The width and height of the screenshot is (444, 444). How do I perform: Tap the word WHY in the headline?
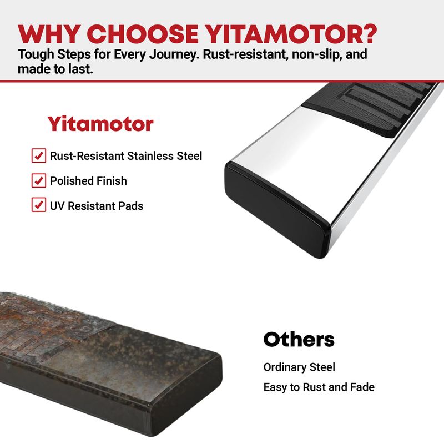click(x=48, y=34)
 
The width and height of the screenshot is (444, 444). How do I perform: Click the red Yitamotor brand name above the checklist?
click(x=100, y=124)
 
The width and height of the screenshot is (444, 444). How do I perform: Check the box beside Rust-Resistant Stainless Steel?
click(x=39, y=155)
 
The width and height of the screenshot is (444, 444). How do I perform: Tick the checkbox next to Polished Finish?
click(x=39, y=181)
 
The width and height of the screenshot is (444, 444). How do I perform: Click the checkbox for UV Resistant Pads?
click(x=39, y=205)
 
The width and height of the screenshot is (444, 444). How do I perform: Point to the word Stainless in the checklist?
click(x=150, y=156)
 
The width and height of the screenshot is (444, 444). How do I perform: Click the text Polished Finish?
click(x=88, y=181)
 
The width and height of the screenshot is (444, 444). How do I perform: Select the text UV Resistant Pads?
click(x=97, y=206)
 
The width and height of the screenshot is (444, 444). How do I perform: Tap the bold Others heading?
click(x=299, y=339)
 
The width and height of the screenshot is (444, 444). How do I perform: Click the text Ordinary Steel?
click(x=299, y=367)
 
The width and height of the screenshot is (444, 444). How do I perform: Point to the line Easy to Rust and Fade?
click(x=319, y=387)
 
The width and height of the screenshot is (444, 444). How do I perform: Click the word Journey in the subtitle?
click(x=173, y=54)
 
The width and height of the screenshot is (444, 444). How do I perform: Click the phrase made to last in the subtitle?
click(x=55, y=69)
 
